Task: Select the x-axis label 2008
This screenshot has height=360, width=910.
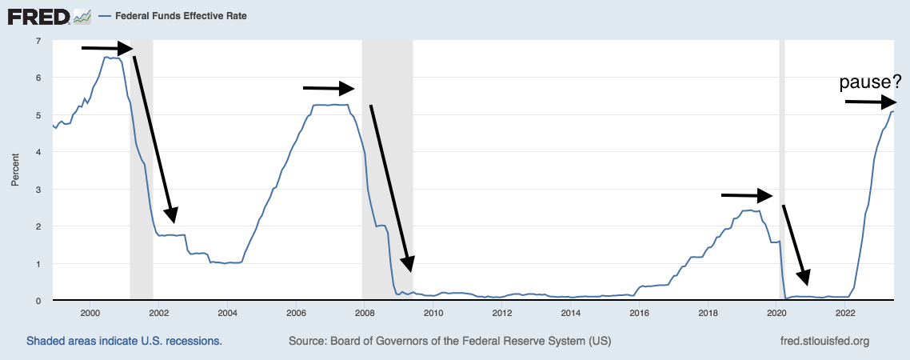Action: [x=365, y=313]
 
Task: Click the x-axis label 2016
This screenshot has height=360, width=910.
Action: [x=640, y=313]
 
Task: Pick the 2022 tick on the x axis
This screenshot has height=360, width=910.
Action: [x=846, y=313]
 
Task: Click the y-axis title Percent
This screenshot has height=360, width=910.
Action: [x=14, y=170]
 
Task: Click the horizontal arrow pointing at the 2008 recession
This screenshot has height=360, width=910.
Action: [x=328, y=87]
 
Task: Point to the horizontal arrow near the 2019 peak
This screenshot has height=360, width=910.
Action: [x=747, y=194]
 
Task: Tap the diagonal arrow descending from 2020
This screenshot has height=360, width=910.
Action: [x=796, y=244]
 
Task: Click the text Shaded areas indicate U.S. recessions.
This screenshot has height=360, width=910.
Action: [x=124, y=342]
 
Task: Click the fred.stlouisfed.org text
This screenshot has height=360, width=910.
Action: [x=824, y=342]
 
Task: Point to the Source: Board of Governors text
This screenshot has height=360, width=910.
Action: [x=449, y=342]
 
